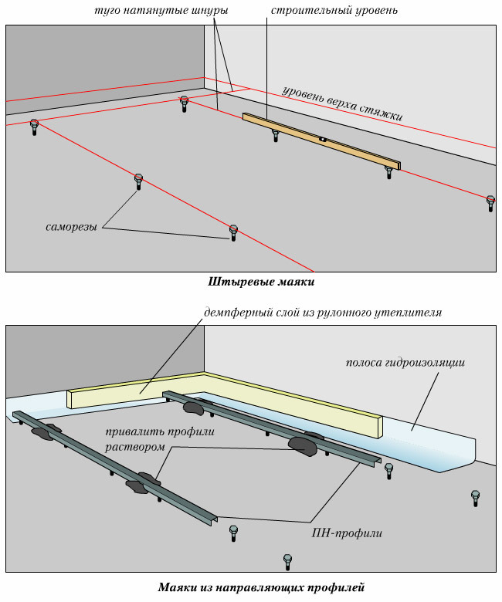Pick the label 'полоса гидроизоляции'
click(405, 362)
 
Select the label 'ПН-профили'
click(337, 532)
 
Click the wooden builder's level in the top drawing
click(321, 140)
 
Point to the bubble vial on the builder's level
click(323, 140)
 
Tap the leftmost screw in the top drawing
click(34, 126)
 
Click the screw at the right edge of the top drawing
click(490, 202)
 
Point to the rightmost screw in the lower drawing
click(476, 497)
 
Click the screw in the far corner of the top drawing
click(184, 103)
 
